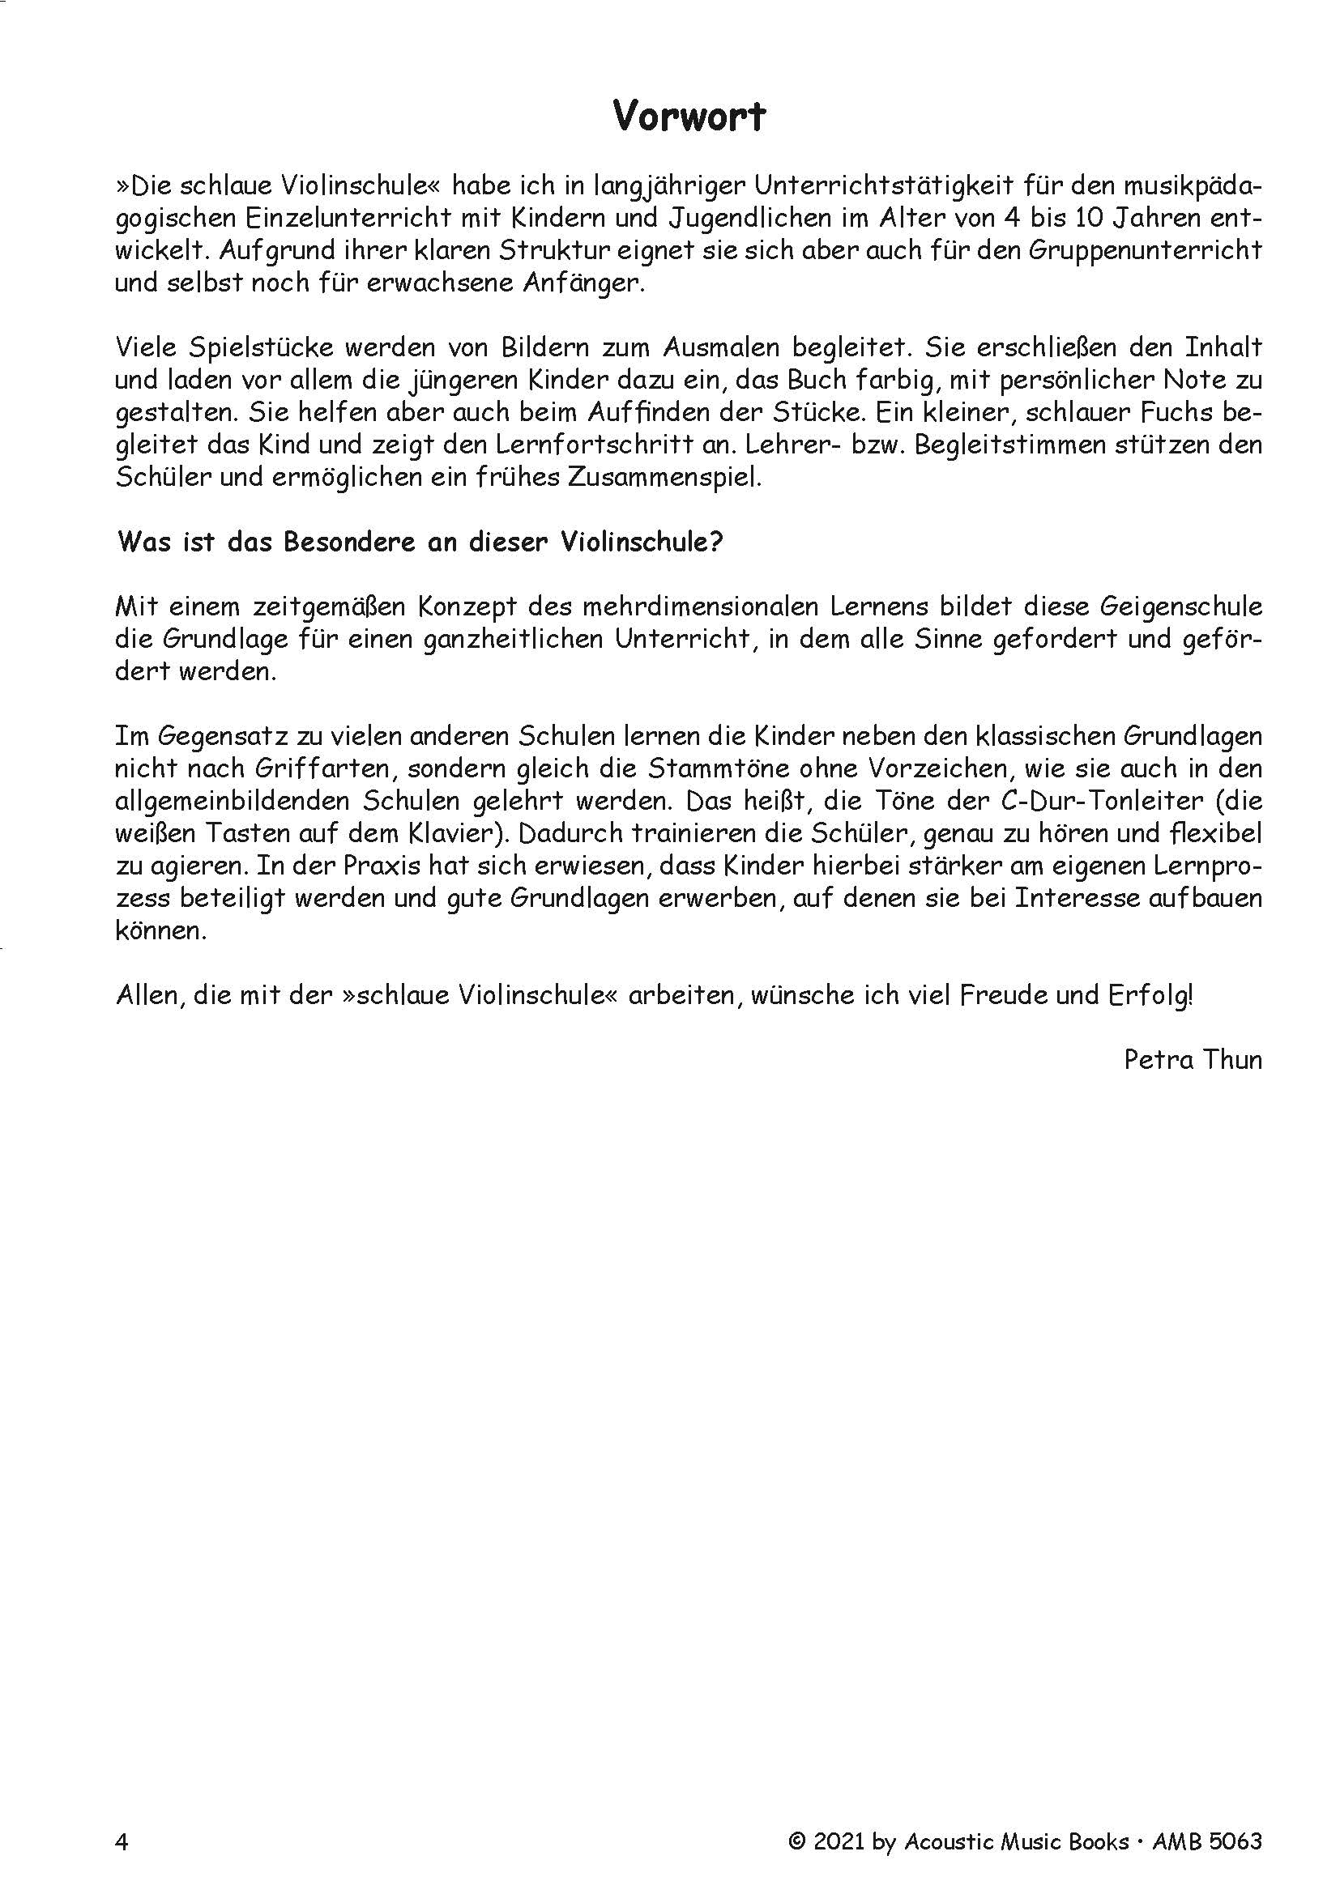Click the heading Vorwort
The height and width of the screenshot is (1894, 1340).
pos(689,117)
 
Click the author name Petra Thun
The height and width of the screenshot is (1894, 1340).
pos(1193,1059)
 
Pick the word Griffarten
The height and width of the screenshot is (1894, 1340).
pos(325,768)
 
